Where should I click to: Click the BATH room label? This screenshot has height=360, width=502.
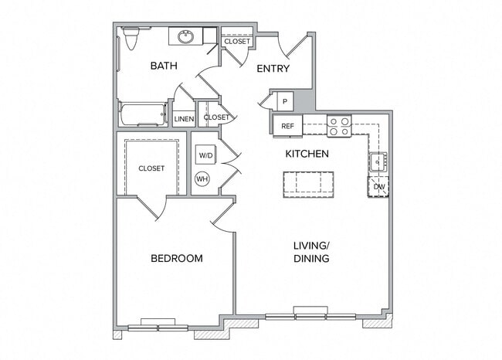point(164,66)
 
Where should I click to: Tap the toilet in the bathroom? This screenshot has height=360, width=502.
point(131,39)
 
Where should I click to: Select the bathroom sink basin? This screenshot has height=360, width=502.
point(186,36)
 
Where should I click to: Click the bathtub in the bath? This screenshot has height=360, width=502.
point(143,114)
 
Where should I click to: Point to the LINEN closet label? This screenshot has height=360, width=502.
point(184,119)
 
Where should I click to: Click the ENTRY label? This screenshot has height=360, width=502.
point(273,69)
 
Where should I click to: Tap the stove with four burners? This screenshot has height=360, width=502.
point(339,126)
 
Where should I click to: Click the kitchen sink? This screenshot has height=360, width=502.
point(378,162)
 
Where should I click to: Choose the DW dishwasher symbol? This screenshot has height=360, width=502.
point(378,186)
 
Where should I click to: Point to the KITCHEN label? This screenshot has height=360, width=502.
point(307,154)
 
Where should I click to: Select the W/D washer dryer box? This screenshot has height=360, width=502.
point(205,155)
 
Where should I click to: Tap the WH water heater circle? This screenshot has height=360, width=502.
point(202,179)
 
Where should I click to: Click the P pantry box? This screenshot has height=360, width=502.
point(284,101)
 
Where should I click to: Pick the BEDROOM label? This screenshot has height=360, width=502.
point(176,258)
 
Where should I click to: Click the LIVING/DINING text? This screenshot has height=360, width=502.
point(311,252)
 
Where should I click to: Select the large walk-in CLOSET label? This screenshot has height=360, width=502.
point(151,168)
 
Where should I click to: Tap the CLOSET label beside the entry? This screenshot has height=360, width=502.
point(237,42)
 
